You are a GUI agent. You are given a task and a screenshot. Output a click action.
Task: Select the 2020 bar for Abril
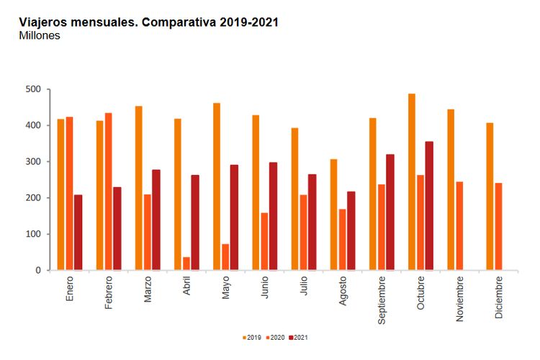pos(186,264)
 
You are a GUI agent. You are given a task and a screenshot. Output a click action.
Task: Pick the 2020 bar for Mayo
pos(225,257)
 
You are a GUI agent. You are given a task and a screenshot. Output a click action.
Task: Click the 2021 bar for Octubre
pos(429,206)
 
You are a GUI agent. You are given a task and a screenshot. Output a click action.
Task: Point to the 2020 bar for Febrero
pos(108,192)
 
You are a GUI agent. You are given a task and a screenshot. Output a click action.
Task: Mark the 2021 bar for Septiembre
pos(390,212)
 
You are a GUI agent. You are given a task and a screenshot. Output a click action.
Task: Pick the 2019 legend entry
pos(249,337)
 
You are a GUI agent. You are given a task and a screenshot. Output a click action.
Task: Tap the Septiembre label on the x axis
pos(382,299)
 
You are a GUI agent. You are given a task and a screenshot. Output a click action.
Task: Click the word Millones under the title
pos(40,35)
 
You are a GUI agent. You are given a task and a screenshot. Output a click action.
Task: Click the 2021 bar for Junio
pos(273,216)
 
